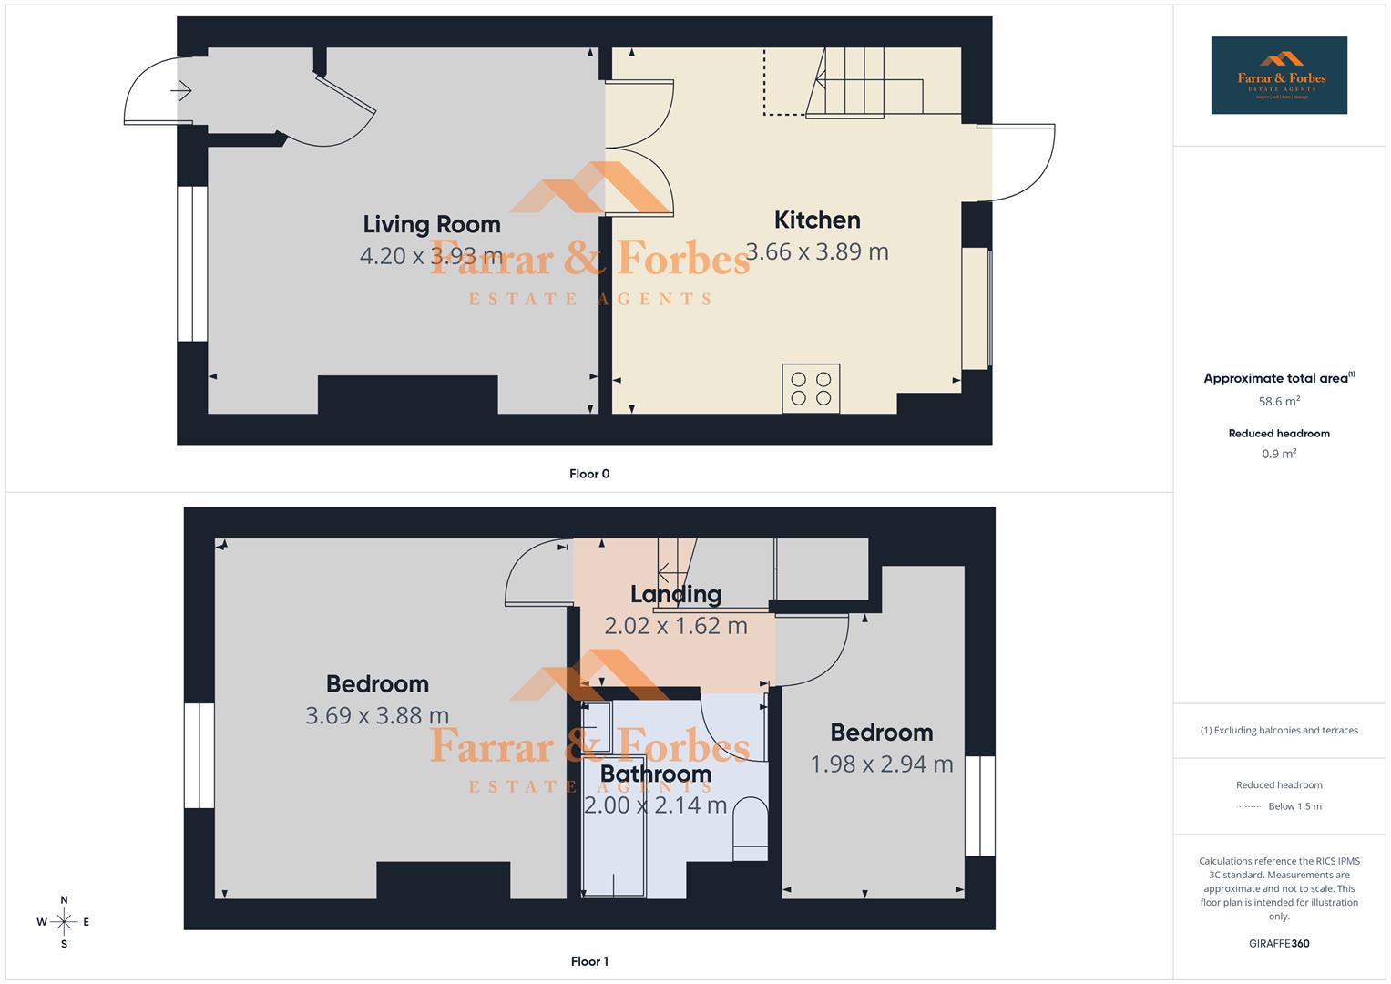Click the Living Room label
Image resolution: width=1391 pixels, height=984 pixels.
[432, 224]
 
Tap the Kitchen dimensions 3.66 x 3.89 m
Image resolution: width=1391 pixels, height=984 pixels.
[816, 251]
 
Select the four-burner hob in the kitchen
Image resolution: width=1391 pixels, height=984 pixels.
[811, 389]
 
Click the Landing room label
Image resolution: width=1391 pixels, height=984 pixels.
[676, 594]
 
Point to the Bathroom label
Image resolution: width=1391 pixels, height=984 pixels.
[655, 774]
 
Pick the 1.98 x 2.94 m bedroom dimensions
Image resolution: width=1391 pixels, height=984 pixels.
[881, 764]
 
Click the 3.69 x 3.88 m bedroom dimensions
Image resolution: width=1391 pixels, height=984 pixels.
[377, 715]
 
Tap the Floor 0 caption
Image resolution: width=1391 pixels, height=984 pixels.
[589, 474]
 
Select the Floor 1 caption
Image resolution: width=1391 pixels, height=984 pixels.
[589, 961]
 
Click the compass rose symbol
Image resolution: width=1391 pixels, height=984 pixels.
[64, 922]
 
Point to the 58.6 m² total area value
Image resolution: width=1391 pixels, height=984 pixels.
[1279, 401]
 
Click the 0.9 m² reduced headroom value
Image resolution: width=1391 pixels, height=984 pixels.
[1279, 454]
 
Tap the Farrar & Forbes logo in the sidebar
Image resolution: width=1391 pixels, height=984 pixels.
[1279, 76]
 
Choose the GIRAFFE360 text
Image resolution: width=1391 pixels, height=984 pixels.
[1279, 944]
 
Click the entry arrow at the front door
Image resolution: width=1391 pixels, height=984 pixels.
[181, 91]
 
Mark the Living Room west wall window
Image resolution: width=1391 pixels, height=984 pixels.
[192, 264]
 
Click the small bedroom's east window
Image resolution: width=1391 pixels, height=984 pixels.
[980, 805]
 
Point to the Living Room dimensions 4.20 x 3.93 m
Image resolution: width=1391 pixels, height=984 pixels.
[432, 255]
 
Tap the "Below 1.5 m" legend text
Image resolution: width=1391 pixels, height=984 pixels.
[1294, 806]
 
